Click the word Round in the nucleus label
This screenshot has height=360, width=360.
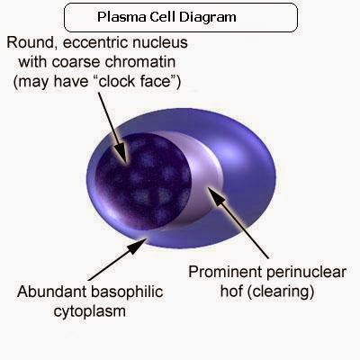(27, 42)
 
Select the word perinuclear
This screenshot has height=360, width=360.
(301, 270)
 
